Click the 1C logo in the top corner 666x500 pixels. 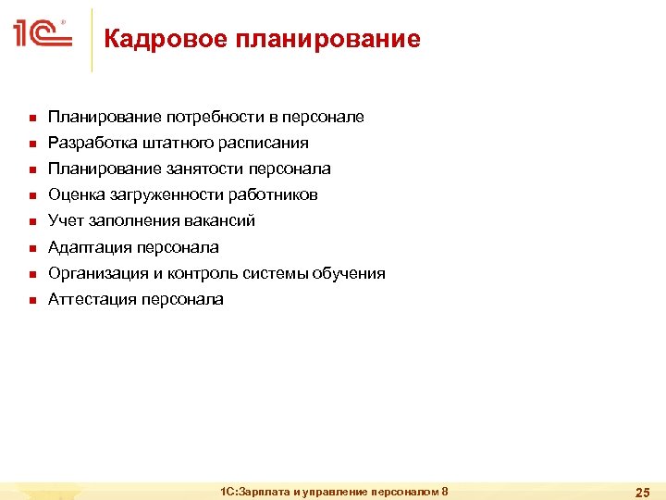tap(42, 35)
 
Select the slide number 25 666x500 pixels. tap(640, 491)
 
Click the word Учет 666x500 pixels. tap(65, 220)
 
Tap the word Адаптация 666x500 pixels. tap(91, 247)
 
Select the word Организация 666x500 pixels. tap(97, 273)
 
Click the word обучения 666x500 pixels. tap(351, 273)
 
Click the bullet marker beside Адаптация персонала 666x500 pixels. tap(31, 248)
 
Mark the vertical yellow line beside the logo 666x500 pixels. tap(92, 40)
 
